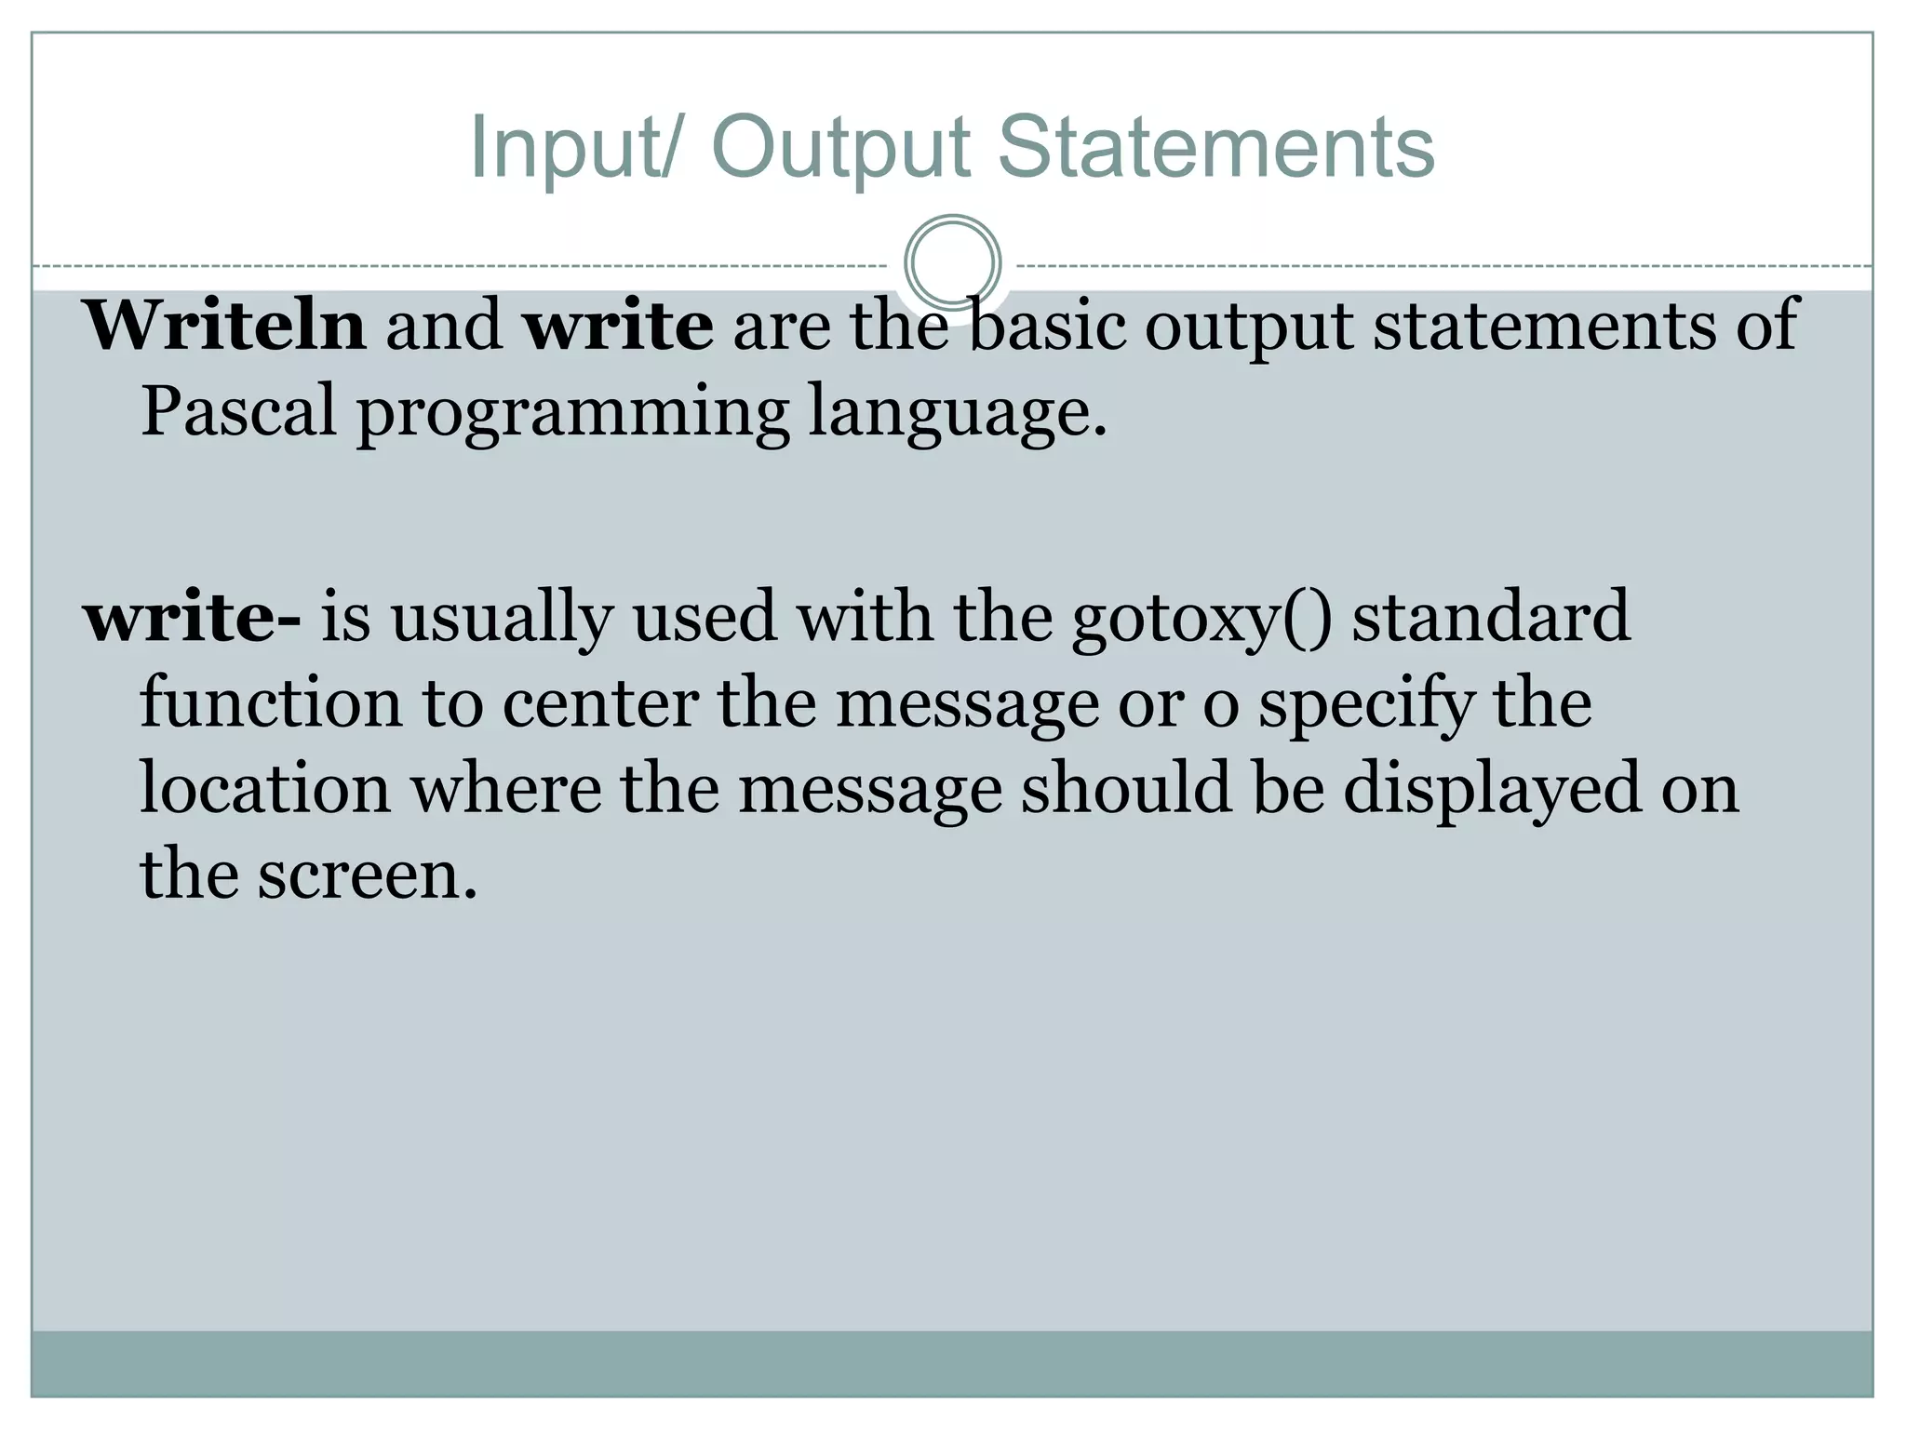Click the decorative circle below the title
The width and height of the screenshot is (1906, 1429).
point(952,263)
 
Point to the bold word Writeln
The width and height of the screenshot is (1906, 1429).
point(225,326)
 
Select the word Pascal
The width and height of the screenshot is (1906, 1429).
point(238,412)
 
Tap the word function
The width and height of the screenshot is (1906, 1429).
point(271,702)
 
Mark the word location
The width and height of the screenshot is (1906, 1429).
point(265,789)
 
